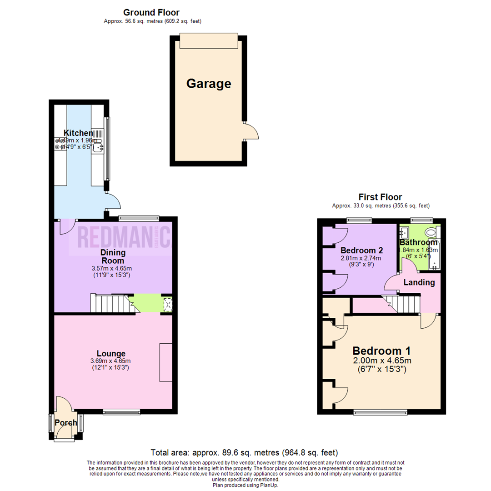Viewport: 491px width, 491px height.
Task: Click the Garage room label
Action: click(x=209, y=84)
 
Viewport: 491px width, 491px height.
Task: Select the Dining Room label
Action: click(x=113, y=256)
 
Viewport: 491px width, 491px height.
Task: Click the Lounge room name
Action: click(x=111, y=353)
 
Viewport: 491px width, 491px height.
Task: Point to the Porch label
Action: click(x=65, y=423)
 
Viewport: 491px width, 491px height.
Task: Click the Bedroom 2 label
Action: click(x=361, y=250)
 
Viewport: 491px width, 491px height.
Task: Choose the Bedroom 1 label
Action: click(x=382, y=351)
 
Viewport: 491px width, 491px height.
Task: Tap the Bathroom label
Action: click(x=418, y=242)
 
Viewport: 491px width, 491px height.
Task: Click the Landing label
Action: click(x=419, y=282)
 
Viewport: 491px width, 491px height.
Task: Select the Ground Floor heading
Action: click(x=151, y=13)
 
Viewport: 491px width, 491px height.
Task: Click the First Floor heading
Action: click(x=380, y=197)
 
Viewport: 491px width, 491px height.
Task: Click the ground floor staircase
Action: click(x=109, y=304)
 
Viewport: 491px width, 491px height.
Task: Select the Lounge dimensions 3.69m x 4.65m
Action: click(x=111, y=361)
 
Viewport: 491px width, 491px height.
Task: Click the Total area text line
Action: click(x=245, y=452)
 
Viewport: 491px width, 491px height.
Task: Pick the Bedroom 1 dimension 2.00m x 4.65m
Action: click(x=382, y=361)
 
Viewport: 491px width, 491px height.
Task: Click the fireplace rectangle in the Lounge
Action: click(x=165, y=362)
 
